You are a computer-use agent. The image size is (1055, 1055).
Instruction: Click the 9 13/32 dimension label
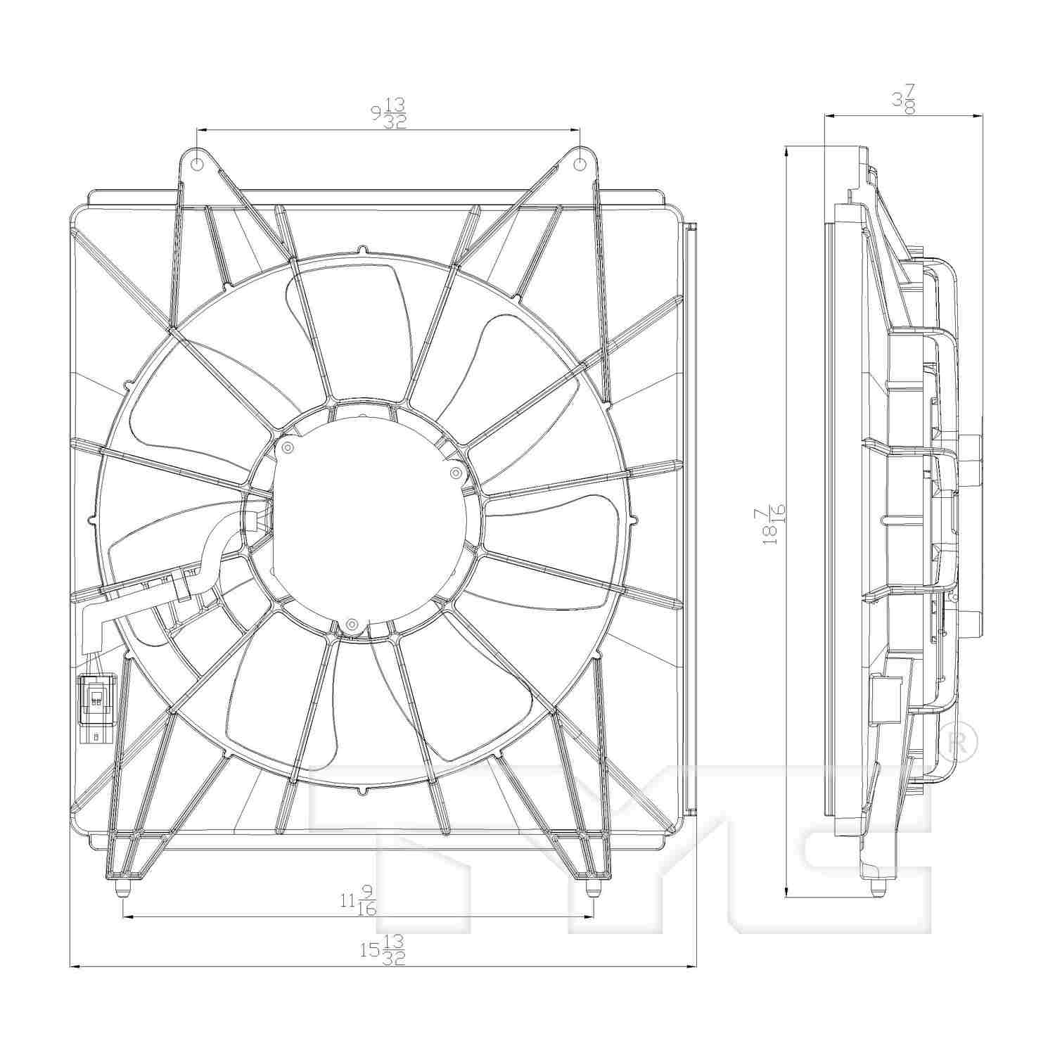388,113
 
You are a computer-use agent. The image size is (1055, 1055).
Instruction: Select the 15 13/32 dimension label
383,950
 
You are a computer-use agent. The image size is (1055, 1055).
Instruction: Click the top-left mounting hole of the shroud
198,165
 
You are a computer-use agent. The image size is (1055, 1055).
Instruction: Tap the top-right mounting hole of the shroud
579,165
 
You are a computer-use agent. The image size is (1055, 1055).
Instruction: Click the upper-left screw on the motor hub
287,447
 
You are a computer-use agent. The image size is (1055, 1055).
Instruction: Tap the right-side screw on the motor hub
455,471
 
